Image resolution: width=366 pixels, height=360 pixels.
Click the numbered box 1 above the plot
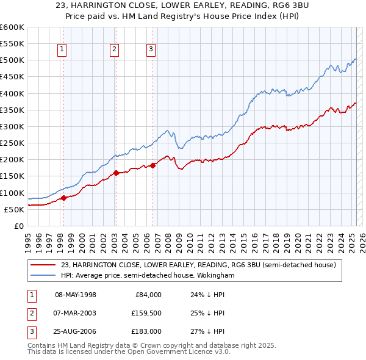(x=63, y=50)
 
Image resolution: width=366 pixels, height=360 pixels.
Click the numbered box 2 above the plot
(x=115, y=50)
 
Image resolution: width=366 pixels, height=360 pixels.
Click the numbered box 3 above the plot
(x=151, y=50)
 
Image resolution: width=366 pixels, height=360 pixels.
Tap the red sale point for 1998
(x=63, y=198)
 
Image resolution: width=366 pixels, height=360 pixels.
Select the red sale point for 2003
(x=115, y=173)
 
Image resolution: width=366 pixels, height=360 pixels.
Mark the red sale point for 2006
(x=152, y=165)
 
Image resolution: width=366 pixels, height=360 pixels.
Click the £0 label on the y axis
(x=18, y=226)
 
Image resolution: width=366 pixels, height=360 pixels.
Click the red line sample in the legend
(x=44, y=265)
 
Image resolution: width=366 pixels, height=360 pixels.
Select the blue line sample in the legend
(x=44, y=276)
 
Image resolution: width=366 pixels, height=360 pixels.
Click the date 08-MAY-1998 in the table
(x=76, y=295)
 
